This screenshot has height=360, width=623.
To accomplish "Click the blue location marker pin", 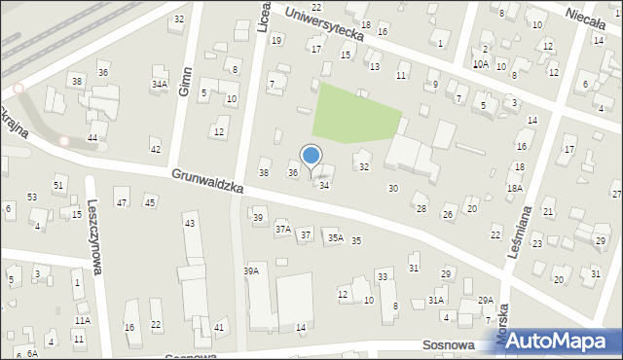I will pyautogui.click(x=311, y=156).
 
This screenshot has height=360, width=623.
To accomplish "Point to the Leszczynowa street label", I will pyautogui.click(x=98, y=247).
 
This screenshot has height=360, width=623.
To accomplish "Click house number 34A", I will pyautogui.click(x=159, y=85).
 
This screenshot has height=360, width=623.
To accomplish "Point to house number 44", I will pyautogui.click(x=92, y=138).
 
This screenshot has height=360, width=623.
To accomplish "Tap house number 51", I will pyautogui.click(x=59, y=185).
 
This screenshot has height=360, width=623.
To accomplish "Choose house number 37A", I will pyautogui.click(x=282, y=229).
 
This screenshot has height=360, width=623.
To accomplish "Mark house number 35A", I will pyautogui.click(x=335, y=237).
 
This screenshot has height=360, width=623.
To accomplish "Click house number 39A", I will pyautogui.click(x=251, y=270).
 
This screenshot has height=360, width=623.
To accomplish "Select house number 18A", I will pyautogui.click(x=515, y=188).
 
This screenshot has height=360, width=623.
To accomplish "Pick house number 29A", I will pyautogui.click(x=486, y=301).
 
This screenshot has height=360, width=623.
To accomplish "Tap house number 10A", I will pyautogui.click(x=480, y=64).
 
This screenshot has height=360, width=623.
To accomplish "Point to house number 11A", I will pyautogui.click(x=82, y=320).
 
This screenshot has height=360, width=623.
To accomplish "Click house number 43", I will pyautogui.click(x=190, y=224).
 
